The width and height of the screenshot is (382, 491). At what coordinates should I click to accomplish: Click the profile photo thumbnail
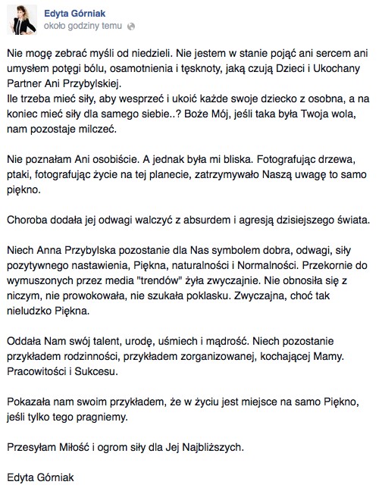pyautogui.click(x=22, y=19)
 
